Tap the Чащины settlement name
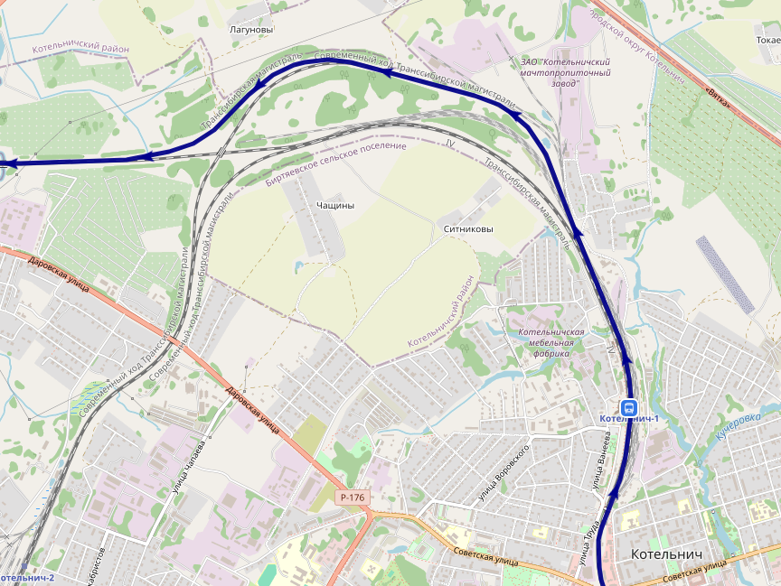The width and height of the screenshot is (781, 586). coord(335,205)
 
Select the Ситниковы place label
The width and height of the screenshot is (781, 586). coord(468,229)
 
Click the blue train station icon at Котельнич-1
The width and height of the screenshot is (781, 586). coord(628,406)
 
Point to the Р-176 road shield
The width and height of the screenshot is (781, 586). coord(353,498)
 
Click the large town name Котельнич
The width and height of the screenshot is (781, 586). coord(666,553)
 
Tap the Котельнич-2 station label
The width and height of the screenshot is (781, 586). coord(27,578)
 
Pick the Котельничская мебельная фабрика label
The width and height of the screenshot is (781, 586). coord(551,342)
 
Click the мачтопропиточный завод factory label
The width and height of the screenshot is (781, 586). coord(566,71)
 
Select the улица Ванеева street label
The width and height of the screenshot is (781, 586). coord(603,460)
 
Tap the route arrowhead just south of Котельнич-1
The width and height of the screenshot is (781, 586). coord(614,494)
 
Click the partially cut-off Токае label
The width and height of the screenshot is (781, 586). coord(767,41)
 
